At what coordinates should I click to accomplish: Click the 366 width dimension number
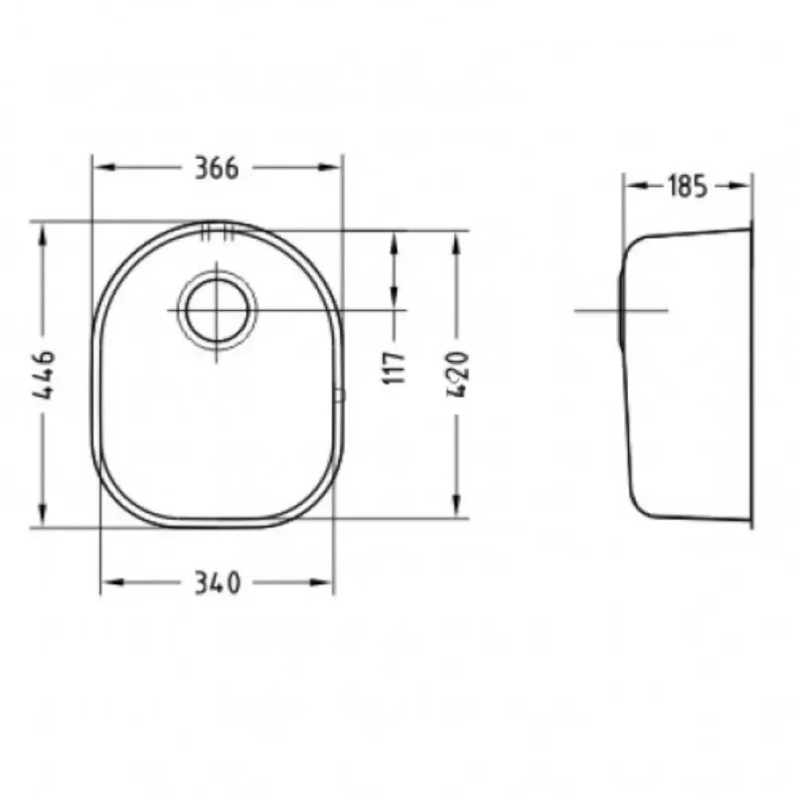[x=217, y=168]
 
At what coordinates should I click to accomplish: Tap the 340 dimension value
[x=217, y=583]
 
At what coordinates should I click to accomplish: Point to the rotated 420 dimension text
[x=458, y=375]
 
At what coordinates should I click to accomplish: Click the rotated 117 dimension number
[x=395, y=368]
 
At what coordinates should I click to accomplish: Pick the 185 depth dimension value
[x=687, y=186]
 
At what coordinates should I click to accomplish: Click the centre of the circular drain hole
[x=217, y=310]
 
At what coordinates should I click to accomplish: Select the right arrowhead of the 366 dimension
[x=330, y=167]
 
